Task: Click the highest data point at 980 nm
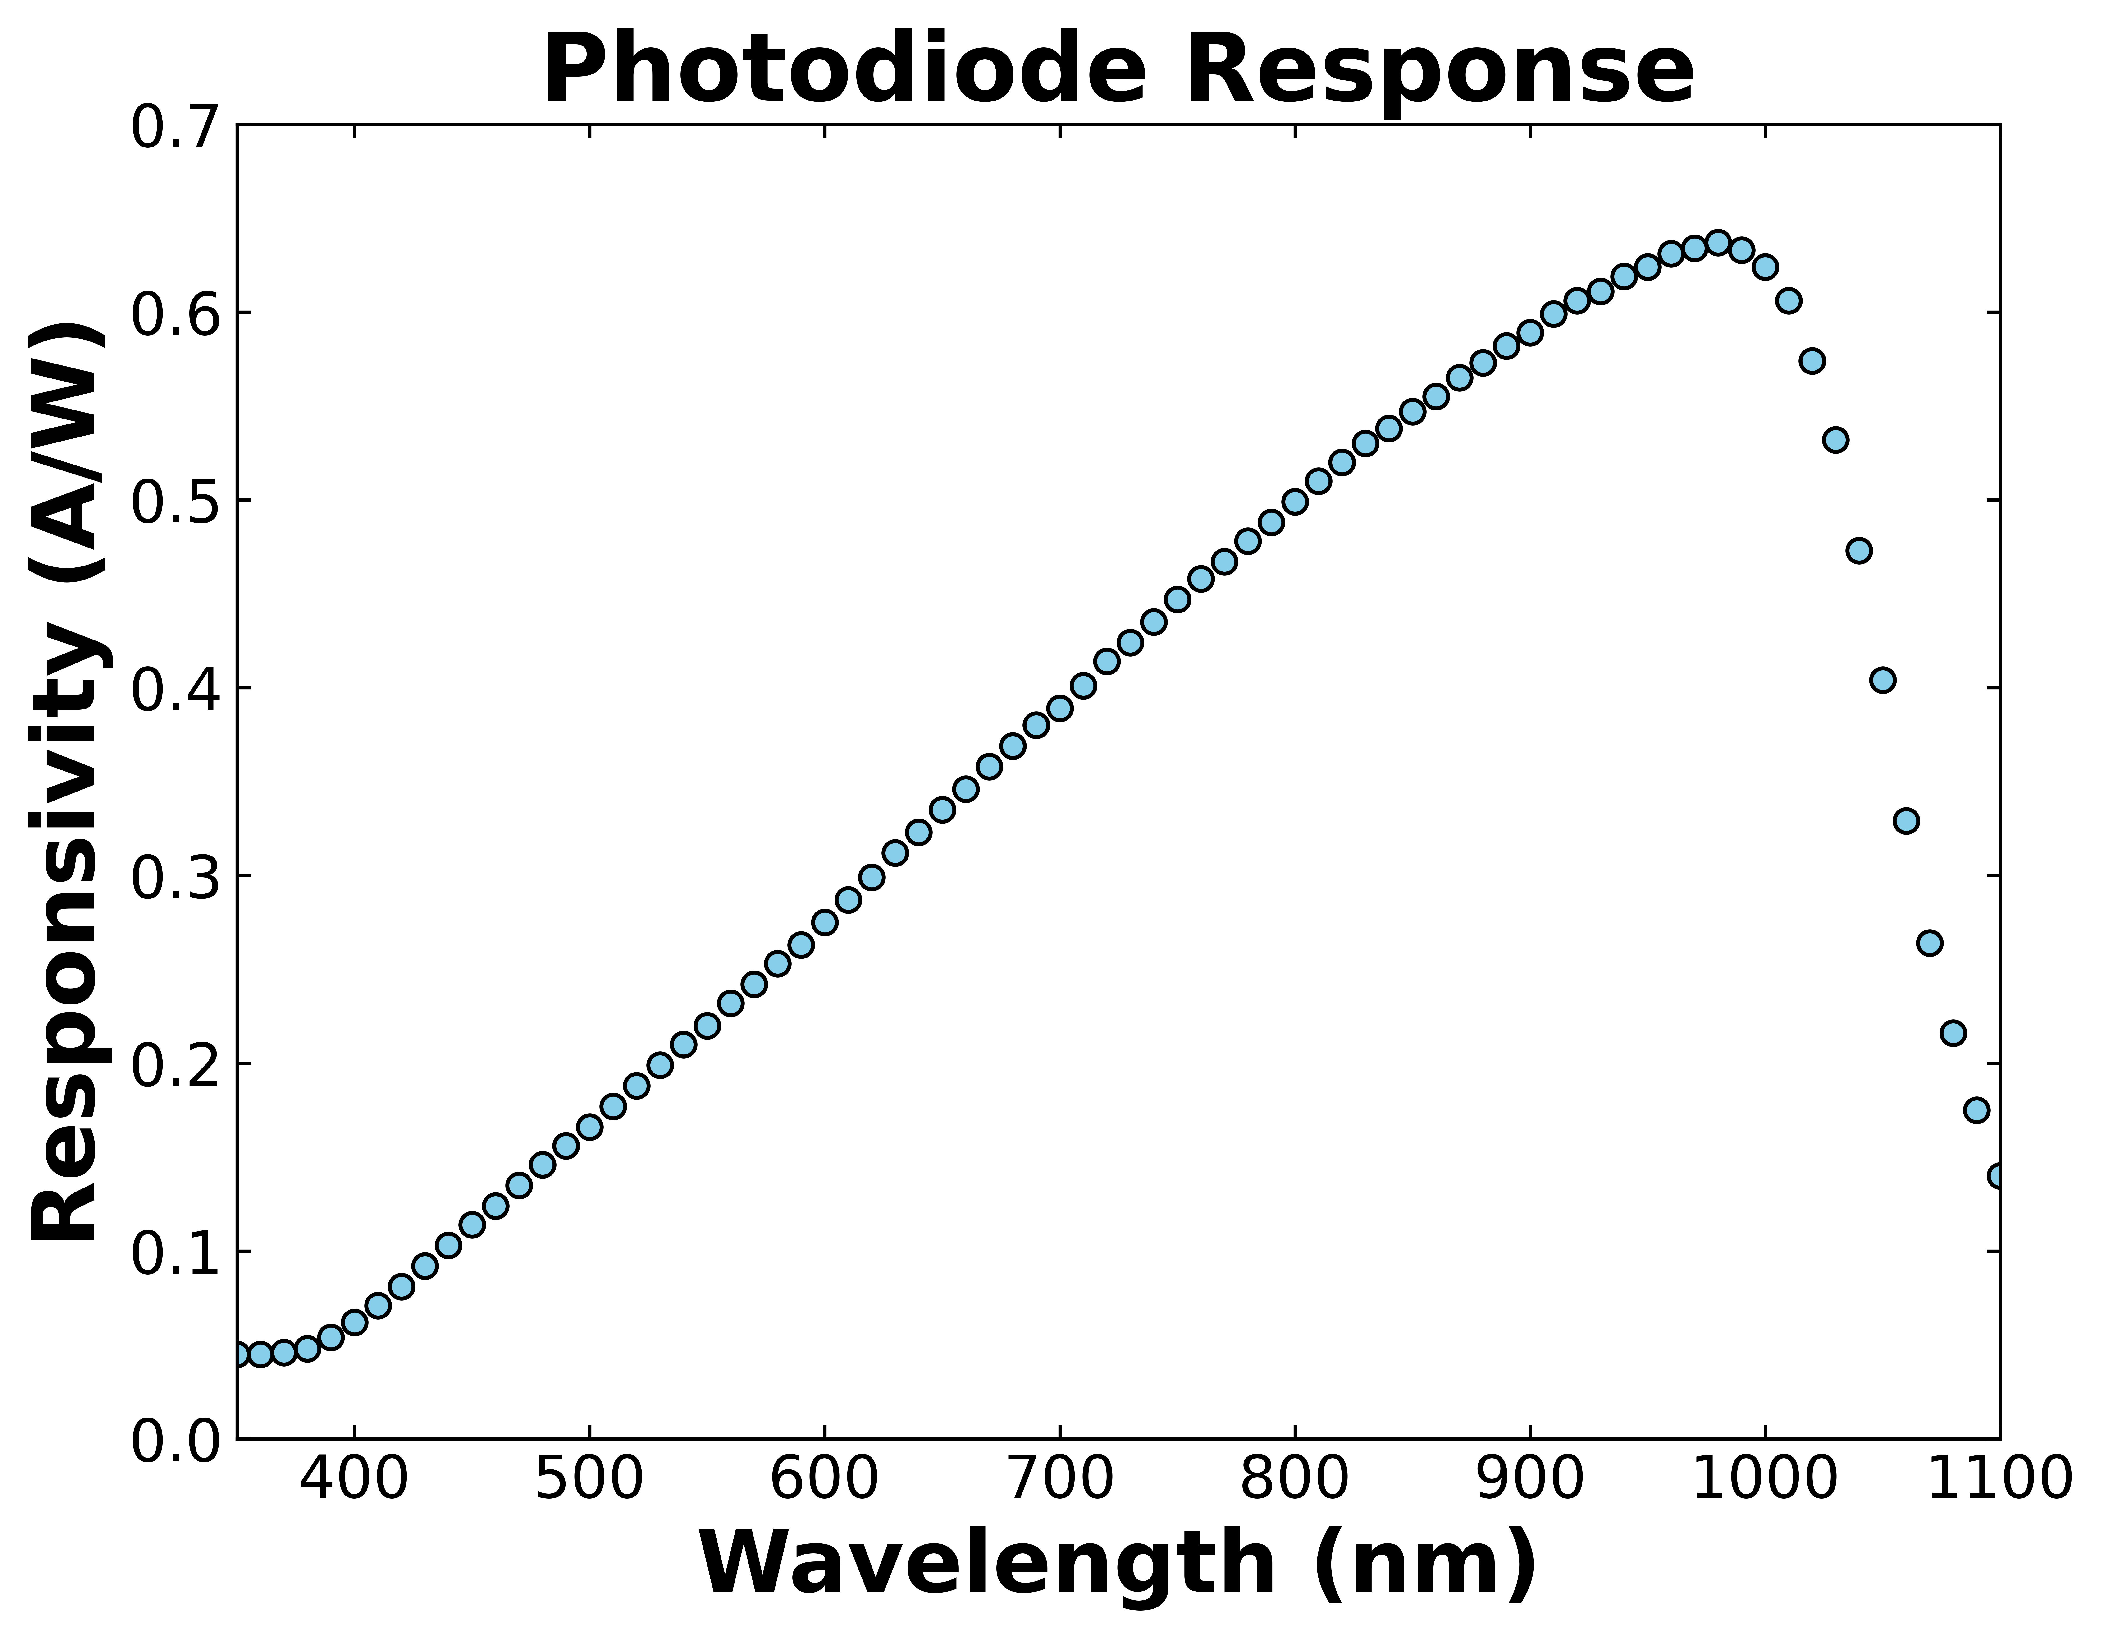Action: coord(1718,242)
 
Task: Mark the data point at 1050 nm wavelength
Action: coord(1882,680)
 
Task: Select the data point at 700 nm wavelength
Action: coord(1060,708)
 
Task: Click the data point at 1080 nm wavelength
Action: coord(1953,1033)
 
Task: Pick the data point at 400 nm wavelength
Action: coord(355,1322)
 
